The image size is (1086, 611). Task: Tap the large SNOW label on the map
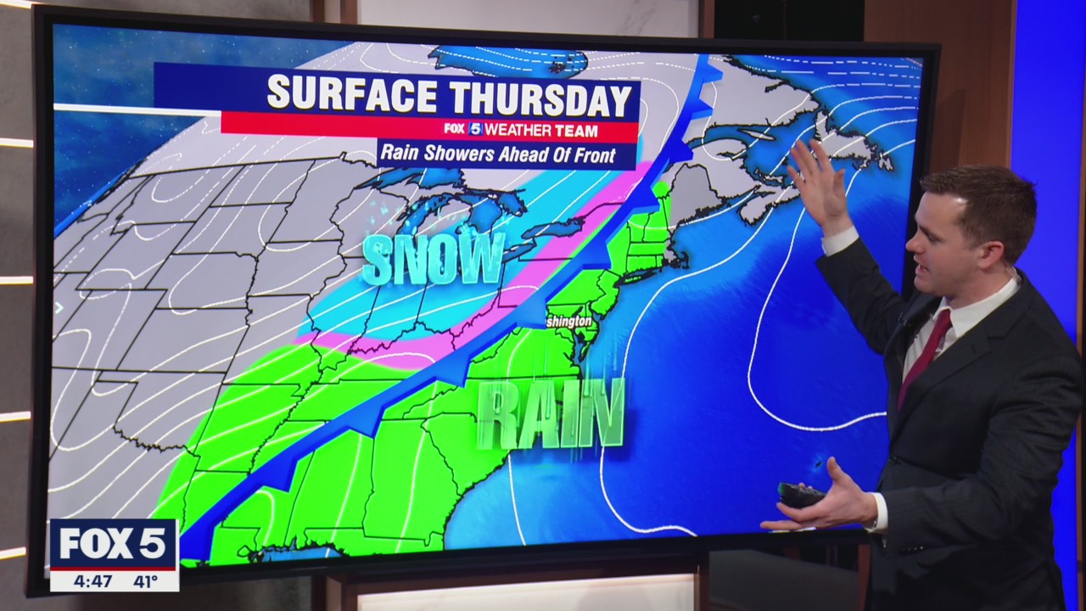tap(434, 259)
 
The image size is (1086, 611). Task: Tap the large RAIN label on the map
tap(551, 415)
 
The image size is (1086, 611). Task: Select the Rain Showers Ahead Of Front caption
tap(507, 154)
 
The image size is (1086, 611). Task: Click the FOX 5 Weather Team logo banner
tap(521, 130)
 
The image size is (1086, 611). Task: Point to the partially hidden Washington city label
tap(568, 322)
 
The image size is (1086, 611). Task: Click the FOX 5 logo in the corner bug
tap(113, 543)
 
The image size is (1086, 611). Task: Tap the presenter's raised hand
tap(818, 182)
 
